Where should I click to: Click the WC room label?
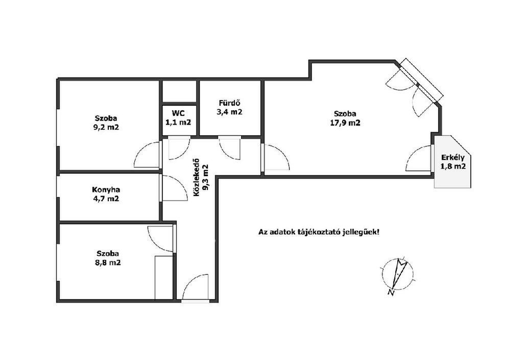pyautogui.click(x=178, y=113)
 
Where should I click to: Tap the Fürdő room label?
pyautogui.click(x=229, y=103)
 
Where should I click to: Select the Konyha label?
pyautogui.click(x=106, y=189)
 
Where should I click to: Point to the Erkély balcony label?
pyautogui.click(x=453, y=158)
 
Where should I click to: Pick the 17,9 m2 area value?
pyautogui.click(x=345, y=123)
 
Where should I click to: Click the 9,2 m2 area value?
pyautogui.click(x=106, y=127)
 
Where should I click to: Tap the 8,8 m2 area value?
pyautogui.click(x=108, y=262)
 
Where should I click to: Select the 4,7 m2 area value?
pyautogui.click(x=106, y=199)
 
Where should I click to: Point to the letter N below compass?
pyautogui.click(x=391, y=293)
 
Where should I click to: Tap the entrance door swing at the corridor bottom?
pyautogui.click(x=195, y=287)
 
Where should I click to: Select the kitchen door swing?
pyautogui.click(x=175, y=188)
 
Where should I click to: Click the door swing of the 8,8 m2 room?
pyautogui.click(x=160, y=239)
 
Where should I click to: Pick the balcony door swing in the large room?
pyautogui.click(x=418, y=159)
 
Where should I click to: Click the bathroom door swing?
pyautogui.click(x=229, y=148)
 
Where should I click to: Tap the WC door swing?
pyautogui.click(x=179, y=148)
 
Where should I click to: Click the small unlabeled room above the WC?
pyautogui.click(x=179, y=91)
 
